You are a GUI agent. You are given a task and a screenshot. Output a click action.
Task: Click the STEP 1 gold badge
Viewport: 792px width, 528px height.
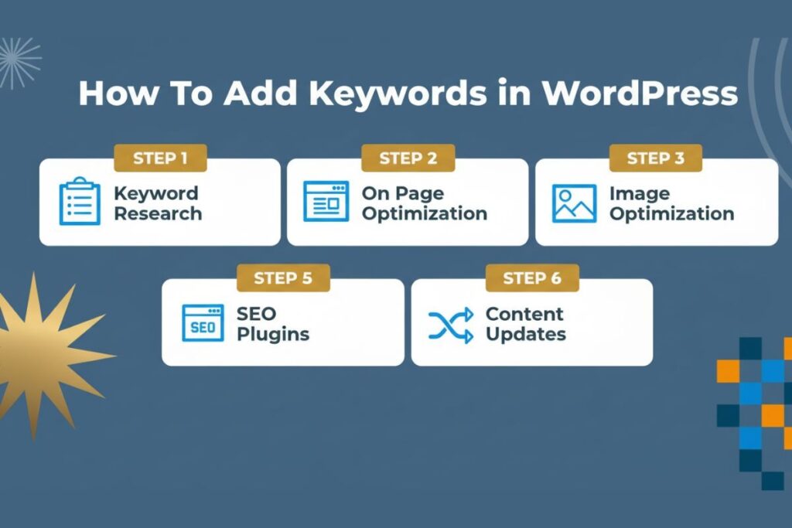[x=160, y=158]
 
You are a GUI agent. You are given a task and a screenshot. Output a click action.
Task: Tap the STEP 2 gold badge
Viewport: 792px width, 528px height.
[x=408, y=158]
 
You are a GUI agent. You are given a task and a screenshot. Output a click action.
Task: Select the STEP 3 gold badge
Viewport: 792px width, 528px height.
[x=655, y=158]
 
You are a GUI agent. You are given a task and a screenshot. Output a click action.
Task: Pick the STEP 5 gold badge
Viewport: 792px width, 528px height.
[x=283, y=278]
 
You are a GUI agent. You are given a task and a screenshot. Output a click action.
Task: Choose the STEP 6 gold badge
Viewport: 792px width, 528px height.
[x=532, y=278]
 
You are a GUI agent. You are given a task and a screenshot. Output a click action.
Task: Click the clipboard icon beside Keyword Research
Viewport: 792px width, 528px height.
[x=80, y=202]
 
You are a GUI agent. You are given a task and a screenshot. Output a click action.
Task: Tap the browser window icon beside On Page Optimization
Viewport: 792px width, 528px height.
[x=326, y=203]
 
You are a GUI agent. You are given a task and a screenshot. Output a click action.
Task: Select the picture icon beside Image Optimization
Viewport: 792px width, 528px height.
[x=574, y=203]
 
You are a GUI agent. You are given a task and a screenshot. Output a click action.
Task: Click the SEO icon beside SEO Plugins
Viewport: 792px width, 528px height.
[x=202, y=323]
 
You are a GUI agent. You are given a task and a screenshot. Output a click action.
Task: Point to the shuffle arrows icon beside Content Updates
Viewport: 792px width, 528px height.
[x=450, y=324]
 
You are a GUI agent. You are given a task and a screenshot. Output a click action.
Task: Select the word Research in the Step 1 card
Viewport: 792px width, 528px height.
[x=158, y=213]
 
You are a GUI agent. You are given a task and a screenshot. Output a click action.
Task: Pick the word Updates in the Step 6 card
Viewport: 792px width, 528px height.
[x=526, y=335]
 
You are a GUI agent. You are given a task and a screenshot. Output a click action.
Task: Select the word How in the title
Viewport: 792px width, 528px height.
[x=112, y=94]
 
